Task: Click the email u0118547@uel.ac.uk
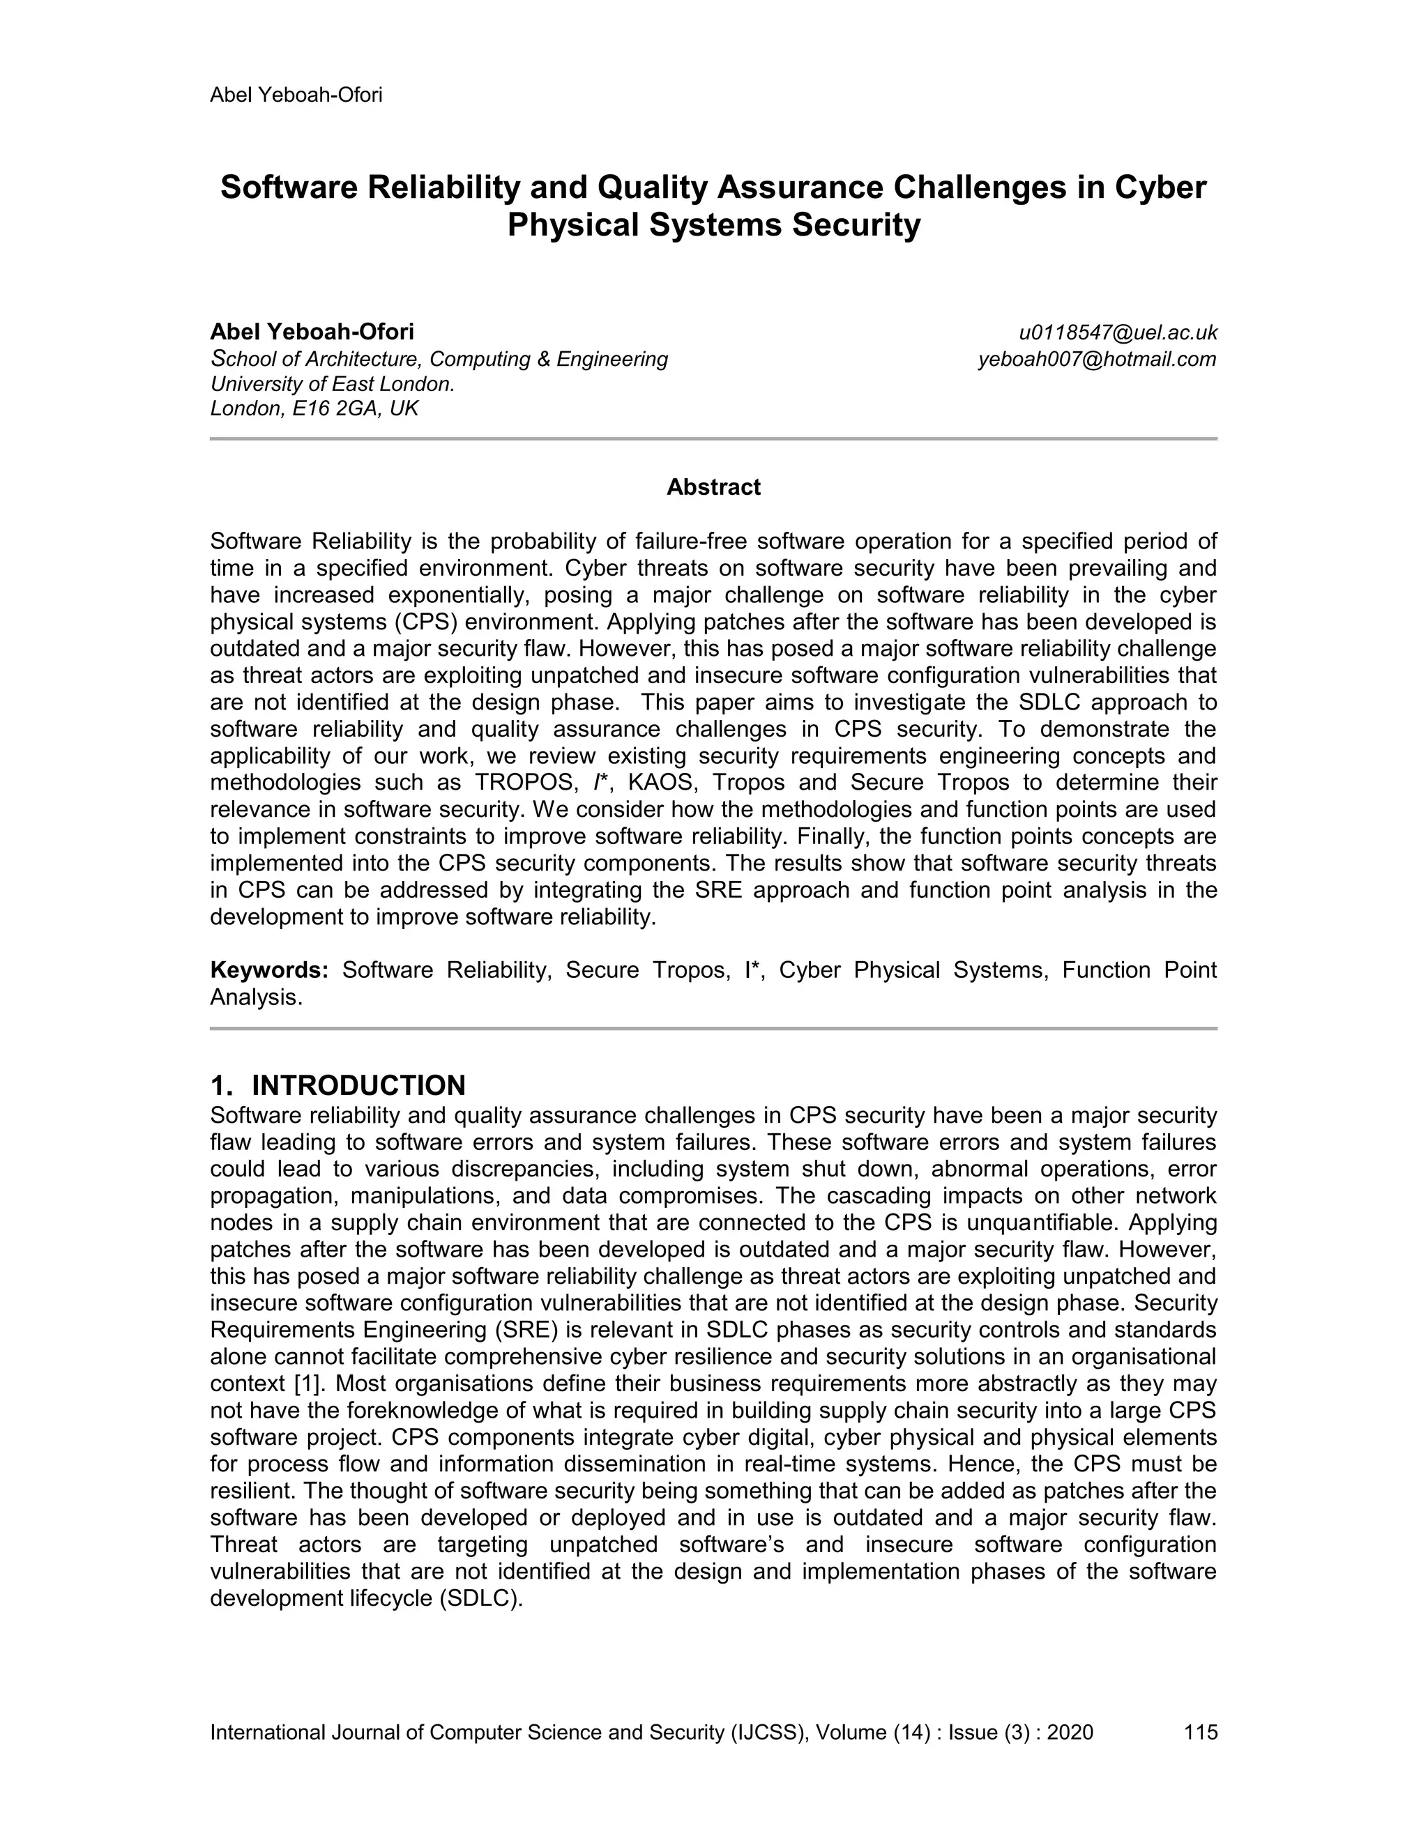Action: click(1118, 332)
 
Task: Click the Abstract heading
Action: click(713, 487)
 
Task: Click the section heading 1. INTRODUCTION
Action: click(337, 1085)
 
